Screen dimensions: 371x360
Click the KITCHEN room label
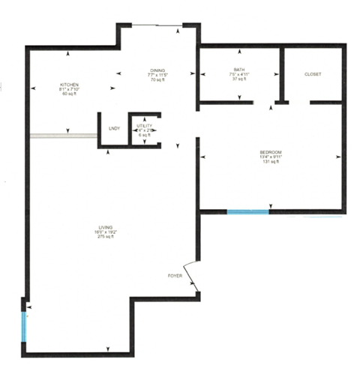[x=70, y=85]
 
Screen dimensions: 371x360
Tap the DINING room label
[x=157, y=70]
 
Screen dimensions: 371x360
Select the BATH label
[x=239, y=70]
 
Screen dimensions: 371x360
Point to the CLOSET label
[x=313, y=75]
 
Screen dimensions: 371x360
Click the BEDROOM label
[x=271, y=152]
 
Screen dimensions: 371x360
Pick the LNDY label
[x=115, y=128]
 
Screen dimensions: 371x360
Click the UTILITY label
[x=144, y=125]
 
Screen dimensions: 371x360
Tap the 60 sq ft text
[x=70, y=94]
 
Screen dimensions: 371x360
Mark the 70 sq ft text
[x=157, y=79]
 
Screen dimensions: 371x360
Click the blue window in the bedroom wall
[x=248, y=211]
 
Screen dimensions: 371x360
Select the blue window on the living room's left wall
[x=25, y=326]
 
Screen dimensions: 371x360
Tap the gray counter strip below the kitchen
[x=63, y=136]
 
